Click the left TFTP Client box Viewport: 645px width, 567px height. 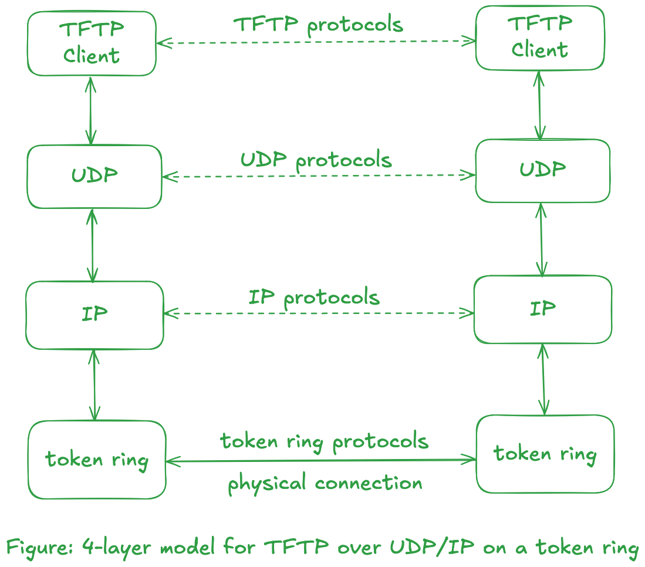click(92, 43)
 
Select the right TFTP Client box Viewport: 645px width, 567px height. click(540, 38)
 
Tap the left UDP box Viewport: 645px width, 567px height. click(94, 176)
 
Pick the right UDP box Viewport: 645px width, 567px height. click(542, 171)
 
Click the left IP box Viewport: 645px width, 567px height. click(94, 315)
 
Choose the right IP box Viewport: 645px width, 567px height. click(543, 309)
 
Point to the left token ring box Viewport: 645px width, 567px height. click(97, 460)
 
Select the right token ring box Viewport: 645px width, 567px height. click(545, 454)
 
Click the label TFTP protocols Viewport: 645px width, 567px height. click(319, 25)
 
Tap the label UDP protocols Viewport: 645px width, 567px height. click(316, 160)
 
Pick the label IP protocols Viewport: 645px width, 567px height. click(314, 298)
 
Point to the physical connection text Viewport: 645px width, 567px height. click(325, 484)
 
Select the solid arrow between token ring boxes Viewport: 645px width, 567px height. click(320, 461)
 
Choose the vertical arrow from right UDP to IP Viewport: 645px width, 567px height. click(541, 239)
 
